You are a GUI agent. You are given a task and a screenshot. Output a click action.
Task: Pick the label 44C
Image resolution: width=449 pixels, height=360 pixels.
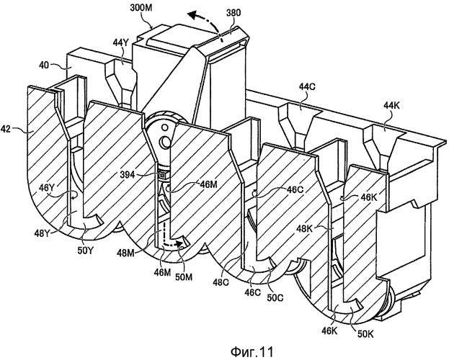tap(308, 87)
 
